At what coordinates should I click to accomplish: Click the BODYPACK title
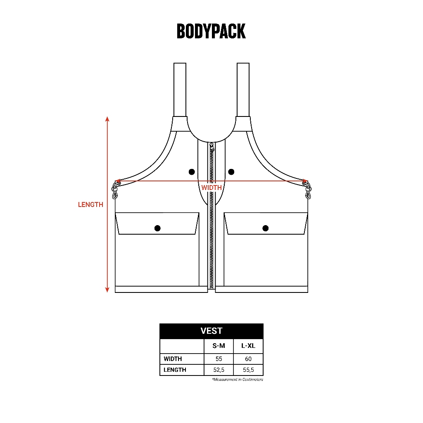pos(211,31)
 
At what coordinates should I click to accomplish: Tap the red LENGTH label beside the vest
pos(90,205)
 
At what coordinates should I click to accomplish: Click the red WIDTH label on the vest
pos(211,188)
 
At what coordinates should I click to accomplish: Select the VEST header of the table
pos(211,331)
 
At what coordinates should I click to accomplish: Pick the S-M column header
pos(219,346)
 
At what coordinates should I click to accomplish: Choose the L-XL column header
pos(248,346)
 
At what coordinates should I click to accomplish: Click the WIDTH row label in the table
pos(173,359)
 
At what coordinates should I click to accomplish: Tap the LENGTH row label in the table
pos(175,370)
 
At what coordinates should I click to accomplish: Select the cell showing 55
pos(219,359)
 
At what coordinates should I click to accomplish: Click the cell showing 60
pos(248,359)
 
